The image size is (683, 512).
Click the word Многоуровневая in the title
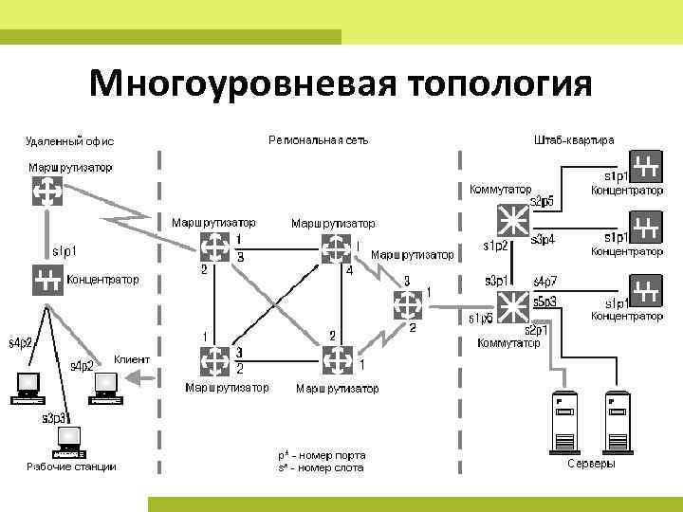pyautogui.click(x=241, y=84)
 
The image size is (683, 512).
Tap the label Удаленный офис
pyautogui.click(x=69, y=141)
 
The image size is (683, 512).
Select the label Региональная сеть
pyautogui.click(x=318, y=140)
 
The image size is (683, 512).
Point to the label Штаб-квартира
pyautogui.click(x=574, y=140)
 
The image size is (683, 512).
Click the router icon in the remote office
pyautogui.click(x=45, y=192)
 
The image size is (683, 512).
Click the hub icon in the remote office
pyautogui.click(x=46, y=280)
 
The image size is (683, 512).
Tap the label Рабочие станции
pyautogui.click(x=71, y=466)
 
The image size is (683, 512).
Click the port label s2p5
pyautogui.click(x=542, y=201)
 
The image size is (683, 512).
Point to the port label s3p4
pyautogui.click(x=543, y=239)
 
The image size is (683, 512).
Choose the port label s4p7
pyautogui.click(x=545, y=282)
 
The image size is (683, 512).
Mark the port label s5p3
pyautogui.click(x=545, y=302)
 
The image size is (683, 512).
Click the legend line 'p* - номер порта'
pyautogui.click(x=322, y=455)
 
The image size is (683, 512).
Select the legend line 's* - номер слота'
pyautogui.click(x=322, y=467)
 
